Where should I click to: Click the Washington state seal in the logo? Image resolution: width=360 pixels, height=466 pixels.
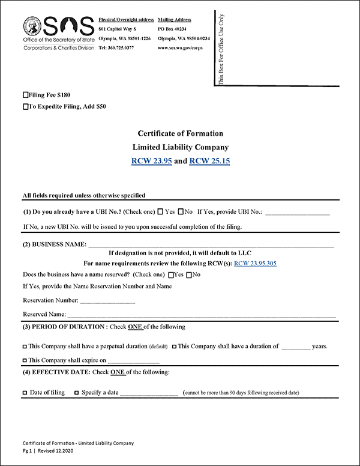coord(33,27)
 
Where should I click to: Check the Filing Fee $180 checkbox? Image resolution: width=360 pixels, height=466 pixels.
coord(25,95)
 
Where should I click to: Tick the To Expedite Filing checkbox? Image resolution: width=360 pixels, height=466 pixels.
coord(25,107)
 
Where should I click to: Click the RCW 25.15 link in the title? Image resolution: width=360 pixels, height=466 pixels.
coord(209,161)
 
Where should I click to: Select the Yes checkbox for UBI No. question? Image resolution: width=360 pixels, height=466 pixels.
coord(160,212)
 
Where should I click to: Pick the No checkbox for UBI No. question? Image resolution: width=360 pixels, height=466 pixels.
coord(181,212)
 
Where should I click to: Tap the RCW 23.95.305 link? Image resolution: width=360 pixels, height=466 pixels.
coord(255,263)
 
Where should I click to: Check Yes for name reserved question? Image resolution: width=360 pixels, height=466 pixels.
coord(172,275)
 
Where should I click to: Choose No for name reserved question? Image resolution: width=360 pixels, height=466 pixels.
coord(190,275)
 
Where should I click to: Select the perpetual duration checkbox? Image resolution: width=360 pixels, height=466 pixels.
coord(25,346)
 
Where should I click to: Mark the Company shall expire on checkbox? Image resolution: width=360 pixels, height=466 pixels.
coord(25,361)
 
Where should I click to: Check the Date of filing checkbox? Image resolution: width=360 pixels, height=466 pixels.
coord(25,393)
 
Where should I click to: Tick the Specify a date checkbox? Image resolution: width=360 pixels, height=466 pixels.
coord(76,393)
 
